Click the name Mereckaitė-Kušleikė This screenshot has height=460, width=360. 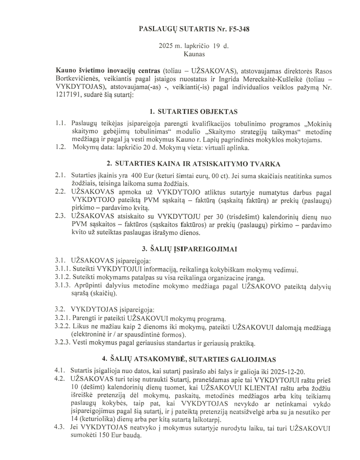pos(249,80)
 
